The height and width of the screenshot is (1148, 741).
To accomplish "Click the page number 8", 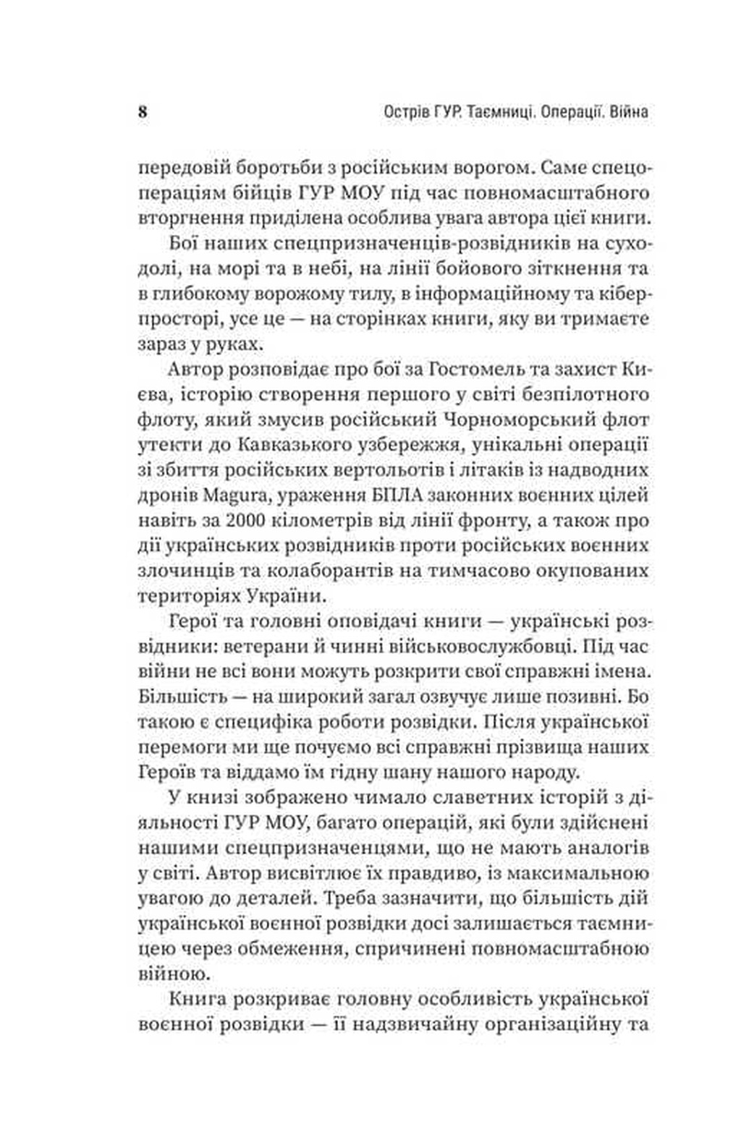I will point(143,113).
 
